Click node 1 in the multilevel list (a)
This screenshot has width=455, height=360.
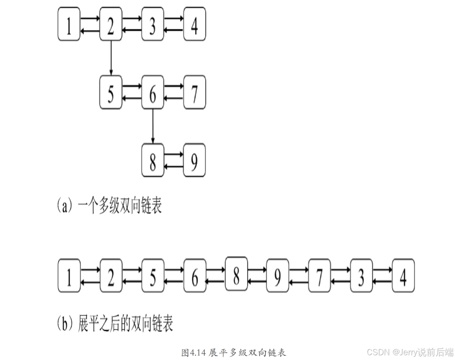69,24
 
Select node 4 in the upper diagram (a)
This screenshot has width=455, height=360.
194,24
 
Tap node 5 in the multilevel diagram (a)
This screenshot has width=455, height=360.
111,92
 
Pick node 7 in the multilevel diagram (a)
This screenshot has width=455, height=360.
194,92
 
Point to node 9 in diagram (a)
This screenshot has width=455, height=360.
194,160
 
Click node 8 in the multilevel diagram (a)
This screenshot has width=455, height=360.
153,160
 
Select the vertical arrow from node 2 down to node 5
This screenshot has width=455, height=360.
111,57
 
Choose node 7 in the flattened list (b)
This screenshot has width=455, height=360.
320,275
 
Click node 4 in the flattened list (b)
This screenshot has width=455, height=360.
403,275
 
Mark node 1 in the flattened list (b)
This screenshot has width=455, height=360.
69,275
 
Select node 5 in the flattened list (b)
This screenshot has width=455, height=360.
153,275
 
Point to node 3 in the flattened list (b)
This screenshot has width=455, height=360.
361,275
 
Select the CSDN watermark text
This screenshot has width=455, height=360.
410,352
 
